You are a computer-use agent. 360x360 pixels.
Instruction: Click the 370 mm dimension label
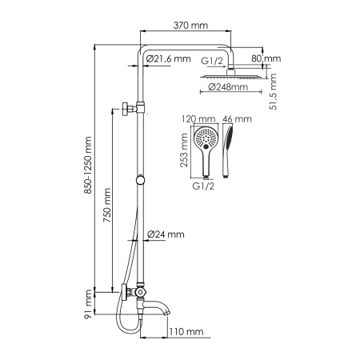(x=190, y=26)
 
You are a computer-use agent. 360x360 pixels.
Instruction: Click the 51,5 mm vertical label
(x=272, y=90)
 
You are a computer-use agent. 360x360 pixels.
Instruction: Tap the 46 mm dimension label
(x=238, y=118)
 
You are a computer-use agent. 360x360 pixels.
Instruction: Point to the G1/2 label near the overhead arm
(x=211, y=59)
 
